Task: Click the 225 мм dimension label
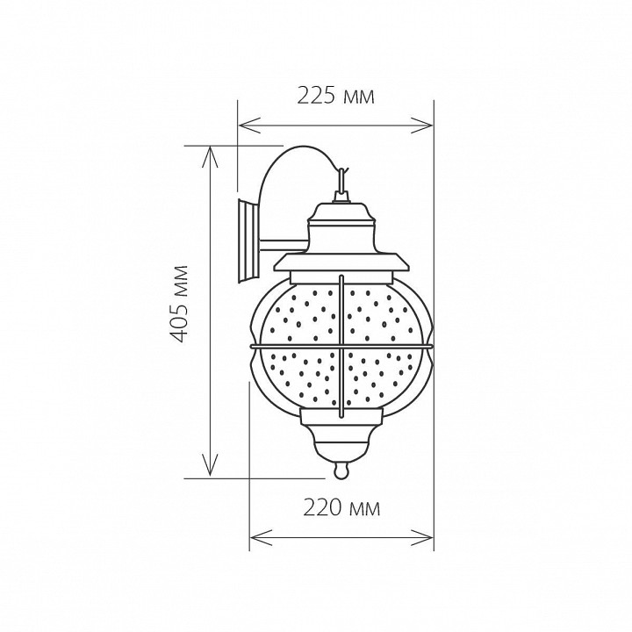[335, 97]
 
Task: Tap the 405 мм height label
[177, 304]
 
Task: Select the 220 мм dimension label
[341, 508]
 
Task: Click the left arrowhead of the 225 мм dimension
[249, 125]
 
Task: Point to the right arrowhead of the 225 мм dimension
[422, 125]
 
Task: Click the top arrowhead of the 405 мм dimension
[210, 157]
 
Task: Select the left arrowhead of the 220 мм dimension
[261, 538]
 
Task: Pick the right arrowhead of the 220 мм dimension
[422, 538]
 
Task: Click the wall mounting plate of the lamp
[248, 241]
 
